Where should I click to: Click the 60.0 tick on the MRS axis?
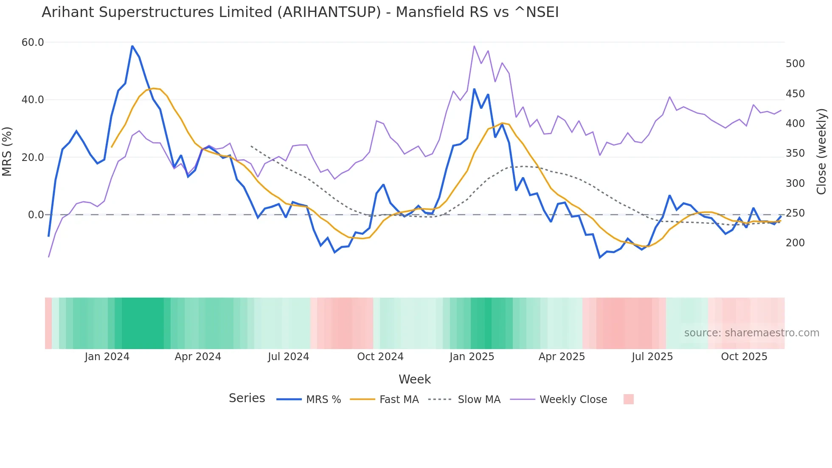tap(33, 42)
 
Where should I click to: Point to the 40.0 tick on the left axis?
tap(33, 100)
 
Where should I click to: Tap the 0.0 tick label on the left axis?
tap(36, 215)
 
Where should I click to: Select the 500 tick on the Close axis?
tap(795, 64)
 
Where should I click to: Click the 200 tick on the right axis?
tap(795, 243)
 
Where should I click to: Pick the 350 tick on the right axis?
tap(795, 153)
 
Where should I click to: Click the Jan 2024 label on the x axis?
tap(107, 357)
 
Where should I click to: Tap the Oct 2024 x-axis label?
tap(380, 357)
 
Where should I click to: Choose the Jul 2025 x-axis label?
tap(652, 357)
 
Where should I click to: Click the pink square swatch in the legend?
tap(629, 399)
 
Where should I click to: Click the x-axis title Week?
tap(415, 379)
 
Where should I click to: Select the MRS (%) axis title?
tap(7, 151)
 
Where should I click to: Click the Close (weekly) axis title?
tap(822, 151)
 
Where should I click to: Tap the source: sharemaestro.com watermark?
tap(751, 333)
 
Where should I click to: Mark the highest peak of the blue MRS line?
tap(132, 46)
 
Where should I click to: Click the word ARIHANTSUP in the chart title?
tap(329, 12)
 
